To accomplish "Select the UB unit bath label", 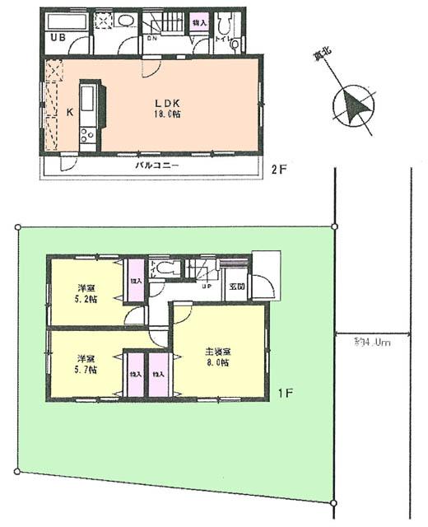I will click(58, 39).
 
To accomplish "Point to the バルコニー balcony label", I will click(157, 166).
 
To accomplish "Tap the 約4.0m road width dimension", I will click(372, 340).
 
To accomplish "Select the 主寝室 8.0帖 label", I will click(217, 357).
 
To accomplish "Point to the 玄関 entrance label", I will click(237, 285).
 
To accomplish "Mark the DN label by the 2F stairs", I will click(153, 37).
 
